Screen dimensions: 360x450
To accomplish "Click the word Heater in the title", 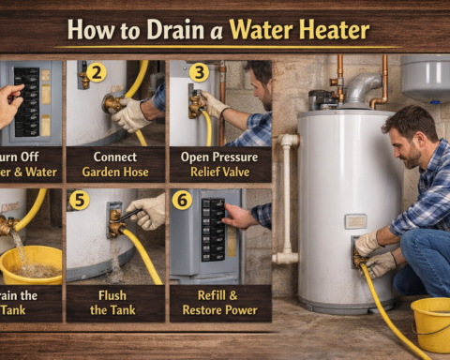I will click(x=318, y=31).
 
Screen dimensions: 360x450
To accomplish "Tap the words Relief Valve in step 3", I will click(x=221, y=172).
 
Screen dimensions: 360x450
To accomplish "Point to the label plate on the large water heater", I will click(x=355, y=221).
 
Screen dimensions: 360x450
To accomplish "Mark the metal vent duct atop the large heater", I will click(x=362, y=89).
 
